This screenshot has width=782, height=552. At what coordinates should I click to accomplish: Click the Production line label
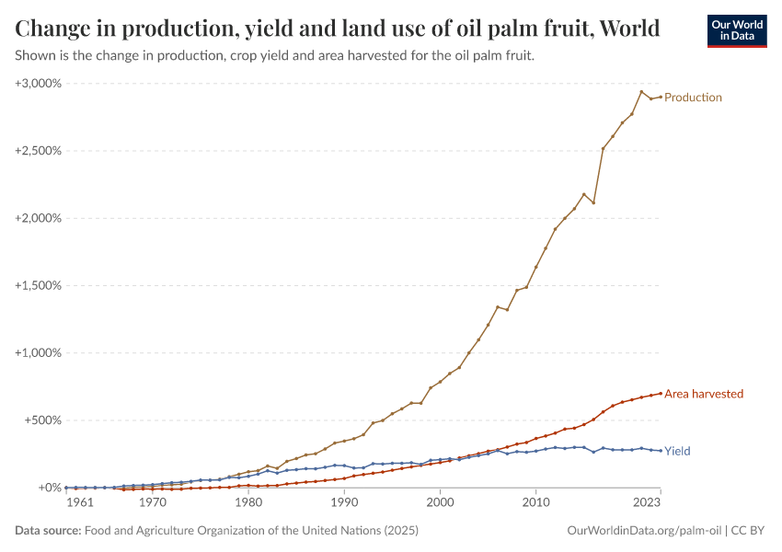pyautogui.click(x=693, y=98)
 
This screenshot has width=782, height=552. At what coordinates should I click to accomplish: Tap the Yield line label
pyautogui.click(x=677, y=452)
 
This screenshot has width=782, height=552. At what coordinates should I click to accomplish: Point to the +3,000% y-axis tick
pyautogui.click(x=39, y=84)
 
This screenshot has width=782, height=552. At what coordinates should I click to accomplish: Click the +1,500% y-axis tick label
pyautogui.click(x=39, y=285)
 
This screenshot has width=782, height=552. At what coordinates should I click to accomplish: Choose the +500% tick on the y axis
pyautogui.click(x=42, y=420)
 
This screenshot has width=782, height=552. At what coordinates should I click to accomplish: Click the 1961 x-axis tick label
pyautogui.click(x=79, y=503)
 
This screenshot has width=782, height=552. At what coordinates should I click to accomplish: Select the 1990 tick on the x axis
pyautogui.click(x=344, y=503)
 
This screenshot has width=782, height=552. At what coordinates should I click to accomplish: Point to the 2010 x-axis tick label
pyautogui.click(x=535, y=503)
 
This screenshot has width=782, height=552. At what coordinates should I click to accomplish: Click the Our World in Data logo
pyautogui.click(x=736, y=30)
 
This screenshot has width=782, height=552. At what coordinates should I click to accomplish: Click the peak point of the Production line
pyautogui.click(x=641, y=91)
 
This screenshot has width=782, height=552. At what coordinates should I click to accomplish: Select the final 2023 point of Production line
pyautogui.click(x=661, y=97)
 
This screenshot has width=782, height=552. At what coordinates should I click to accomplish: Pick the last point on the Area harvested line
pyautogui.click(x=661, y=393)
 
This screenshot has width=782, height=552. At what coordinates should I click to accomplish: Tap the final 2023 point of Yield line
pyautogui.click(x=661, y=451)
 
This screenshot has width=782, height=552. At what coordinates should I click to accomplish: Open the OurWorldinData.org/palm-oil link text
pyautogui.click(x=644, y=531)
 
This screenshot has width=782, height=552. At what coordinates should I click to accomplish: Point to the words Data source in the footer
pyautogui.click(x=48, y=531)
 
